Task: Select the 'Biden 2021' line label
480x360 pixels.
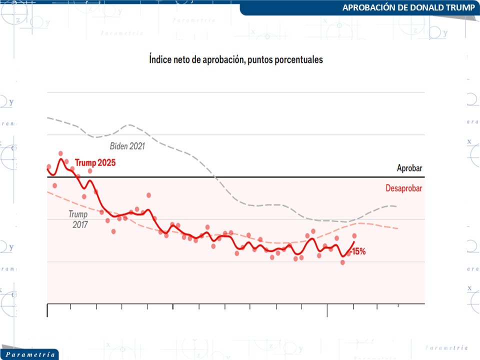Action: click(127, 146)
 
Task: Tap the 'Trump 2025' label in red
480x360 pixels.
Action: click(95, 162)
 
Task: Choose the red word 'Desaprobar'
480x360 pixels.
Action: click(404, 188)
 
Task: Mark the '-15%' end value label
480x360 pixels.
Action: click(358, 251)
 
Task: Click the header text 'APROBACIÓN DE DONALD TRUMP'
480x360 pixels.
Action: click(408, 7)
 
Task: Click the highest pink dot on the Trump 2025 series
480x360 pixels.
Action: click(60, 153)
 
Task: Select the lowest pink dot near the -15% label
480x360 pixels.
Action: click(342, 262)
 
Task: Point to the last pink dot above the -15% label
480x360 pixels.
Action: click(354, 235)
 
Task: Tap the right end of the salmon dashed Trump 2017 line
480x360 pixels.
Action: click(398, 228)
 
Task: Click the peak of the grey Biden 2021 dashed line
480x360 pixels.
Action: click(130, 125)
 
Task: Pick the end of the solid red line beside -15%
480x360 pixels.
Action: click(354, 242)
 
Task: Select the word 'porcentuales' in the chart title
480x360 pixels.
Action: click(299, 59)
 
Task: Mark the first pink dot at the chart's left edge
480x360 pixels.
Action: click(48, 166)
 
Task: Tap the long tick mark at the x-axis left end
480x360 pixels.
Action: click(47, 310)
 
